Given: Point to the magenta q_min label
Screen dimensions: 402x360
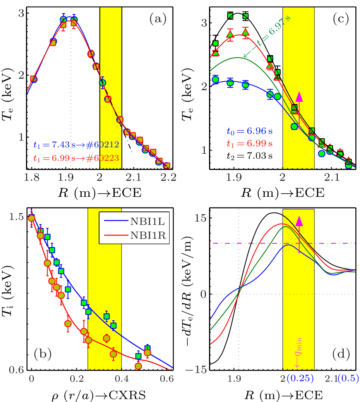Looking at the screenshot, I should tap(298, 356).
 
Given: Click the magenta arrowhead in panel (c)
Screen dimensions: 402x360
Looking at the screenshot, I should tap(299, 97).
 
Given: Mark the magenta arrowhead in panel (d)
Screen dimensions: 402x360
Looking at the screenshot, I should tap(299, 221).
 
